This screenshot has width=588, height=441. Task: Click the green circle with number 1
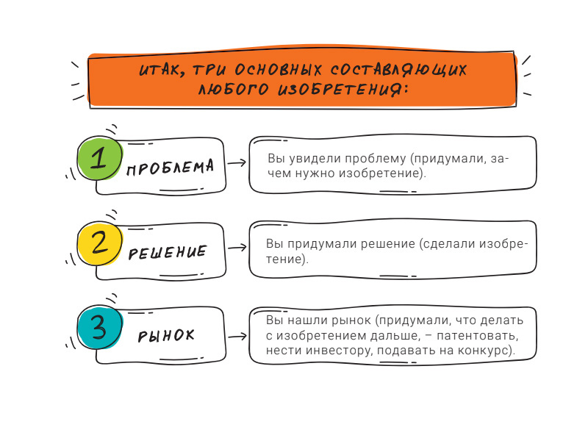100,158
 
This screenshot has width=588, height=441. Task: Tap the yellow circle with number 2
100,243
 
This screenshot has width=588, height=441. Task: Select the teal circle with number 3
100,327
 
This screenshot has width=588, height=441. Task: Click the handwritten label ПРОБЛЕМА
171,168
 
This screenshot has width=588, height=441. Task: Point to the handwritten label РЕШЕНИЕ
168,252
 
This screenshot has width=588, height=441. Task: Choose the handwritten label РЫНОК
166,336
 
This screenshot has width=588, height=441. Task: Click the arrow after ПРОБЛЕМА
237,162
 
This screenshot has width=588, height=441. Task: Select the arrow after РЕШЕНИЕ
237,248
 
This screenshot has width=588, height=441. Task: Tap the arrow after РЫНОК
237,337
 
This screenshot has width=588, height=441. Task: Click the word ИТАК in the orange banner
162,70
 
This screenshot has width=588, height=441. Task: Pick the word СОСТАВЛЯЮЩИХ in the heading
398,70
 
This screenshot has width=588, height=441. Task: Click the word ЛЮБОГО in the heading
233,89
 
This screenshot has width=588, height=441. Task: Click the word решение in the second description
388,244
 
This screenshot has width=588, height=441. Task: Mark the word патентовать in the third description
477,335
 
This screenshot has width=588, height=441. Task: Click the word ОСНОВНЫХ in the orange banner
279,70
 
